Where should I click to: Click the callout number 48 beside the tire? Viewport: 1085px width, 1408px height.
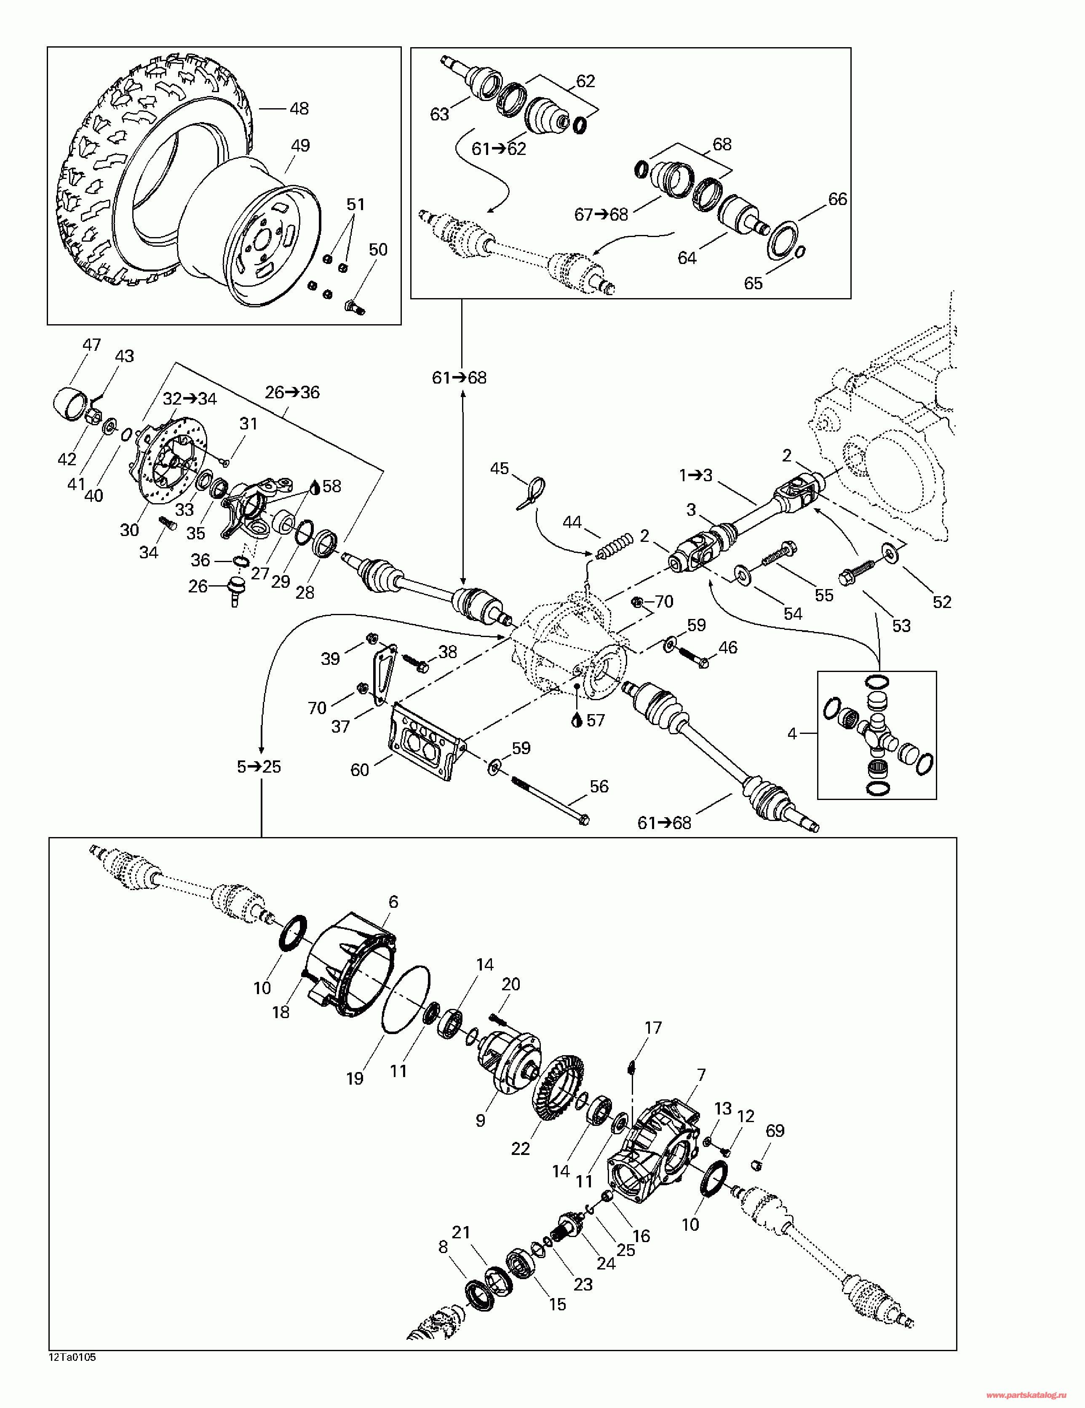click(x=299, y=108)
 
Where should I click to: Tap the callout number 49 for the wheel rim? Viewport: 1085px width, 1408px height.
click(x=300, y=146)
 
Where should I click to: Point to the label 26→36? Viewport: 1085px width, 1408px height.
click(x=292, y=392)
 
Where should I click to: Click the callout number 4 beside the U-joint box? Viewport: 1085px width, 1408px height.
click(x=792, y=733)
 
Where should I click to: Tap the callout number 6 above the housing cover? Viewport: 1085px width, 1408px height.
click(x=393, y=902)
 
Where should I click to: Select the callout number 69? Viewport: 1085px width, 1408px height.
click(x=775, y=1131)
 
